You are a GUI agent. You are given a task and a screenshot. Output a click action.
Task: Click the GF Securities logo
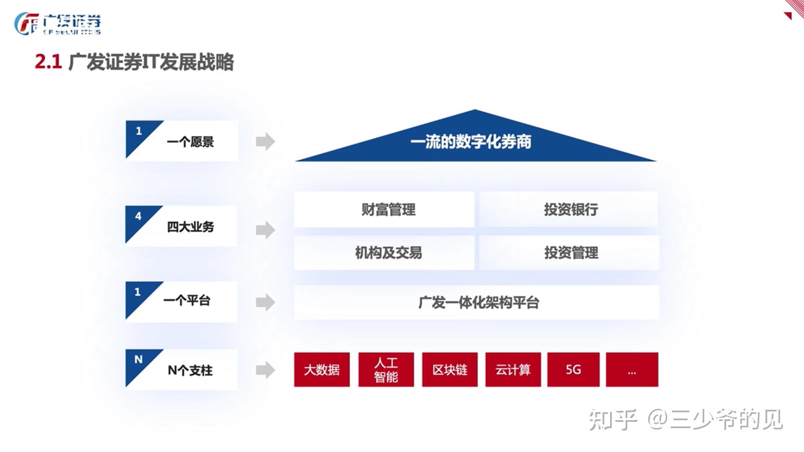tap(58, 24)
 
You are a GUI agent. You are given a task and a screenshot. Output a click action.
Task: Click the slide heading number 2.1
tap(48, 62)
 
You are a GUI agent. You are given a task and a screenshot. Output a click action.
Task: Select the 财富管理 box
tap(384, 209)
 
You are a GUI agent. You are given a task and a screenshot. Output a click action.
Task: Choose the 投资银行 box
tap(568, 209)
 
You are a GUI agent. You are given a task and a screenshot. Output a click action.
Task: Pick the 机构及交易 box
tap(384, 252)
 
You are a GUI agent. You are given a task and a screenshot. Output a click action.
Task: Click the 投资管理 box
tap(569, 252)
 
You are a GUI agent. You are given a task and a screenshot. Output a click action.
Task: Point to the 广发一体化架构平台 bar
tap(476, 302)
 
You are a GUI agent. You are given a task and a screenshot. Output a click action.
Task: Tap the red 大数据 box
tap(322, 370)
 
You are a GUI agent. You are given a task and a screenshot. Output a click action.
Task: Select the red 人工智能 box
tap(386, 370)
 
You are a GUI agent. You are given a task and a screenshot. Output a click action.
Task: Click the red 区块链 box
tap(450, 370)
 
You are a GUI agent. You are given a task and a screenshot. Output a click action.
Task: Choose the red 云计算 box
tap(513, 370)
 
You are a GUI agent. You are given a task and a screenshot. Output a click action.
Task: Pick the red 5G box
tap(573, 370)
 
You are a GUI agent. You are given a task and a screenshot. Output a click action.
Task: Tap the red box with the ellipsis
tap(632, 370)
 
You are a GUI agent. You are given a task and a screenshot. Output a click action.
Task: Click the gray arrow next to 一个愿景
tap(265, 141)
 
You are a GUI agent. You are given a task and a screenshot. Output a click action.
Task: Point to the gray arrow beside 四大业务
tap(265, 230)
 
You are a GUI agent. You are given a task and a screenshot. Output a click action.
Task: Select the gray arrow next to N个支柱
tap(265, 370)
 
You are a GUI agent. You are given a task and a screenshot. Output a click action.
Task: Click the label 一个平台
tap(187, 300)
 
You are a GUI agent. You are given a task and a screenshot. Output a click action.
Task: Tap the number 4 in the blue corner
tap(138, 216)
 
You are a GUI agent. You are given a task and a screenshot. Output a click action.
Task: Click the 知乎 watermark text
tap(612, 419)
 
